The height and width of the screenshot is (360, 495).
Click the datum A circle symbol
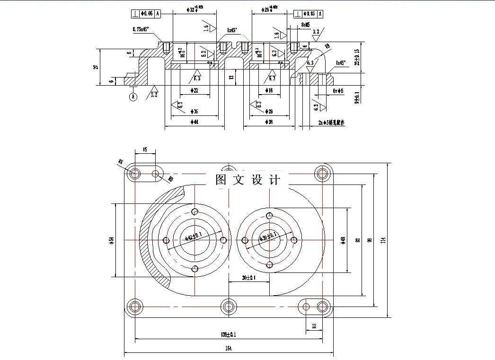133,97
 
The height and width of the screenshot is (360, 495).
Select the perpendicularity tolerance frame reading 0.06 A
147,14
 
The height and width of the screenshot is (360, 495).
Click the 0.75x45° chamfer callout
141,29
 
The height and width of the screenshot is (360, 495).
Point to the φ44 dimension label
194,122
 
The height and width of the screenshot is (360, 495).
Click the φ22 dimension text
194,90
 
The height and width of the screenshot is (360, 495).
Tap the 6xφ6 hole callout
338,90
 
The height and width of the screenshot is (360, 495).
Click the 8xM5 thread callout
306,24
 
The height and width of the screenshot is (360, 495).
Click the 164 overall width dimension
229,349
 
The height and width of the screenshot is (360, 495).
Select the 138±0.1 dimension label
229,334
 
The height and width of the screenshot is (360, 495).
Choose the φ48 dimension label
343,240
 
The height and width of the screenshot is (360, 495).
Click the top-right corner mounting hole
323,173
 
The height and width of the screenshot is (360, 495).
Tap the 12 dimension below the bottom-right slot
314,326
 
